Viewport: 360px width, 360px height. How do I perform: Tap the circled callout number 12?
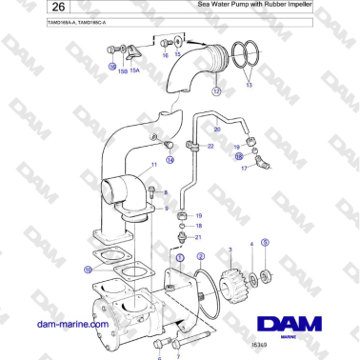pos(216,92)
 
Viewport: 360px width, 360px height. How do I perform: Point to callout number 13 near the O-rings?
pos(250,86)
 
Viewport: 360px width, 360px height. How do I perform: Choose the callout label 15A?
pos(135,70)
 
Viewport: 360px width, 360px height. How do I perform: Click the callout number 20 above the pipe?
pos(216,129)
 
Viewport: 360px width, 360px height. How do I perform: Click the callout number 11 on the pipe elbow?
pos(152,165)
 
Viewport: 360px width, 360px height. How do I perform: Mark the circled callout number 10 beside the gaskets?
pos(88,270)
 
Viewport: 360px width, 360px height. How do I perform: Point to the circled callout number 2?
pos(200,256)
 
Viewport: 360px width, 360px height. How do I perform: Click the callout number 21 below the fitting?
pos(198,237)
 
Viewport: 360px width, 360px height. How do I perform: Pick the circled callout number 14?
pos(170,161)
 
